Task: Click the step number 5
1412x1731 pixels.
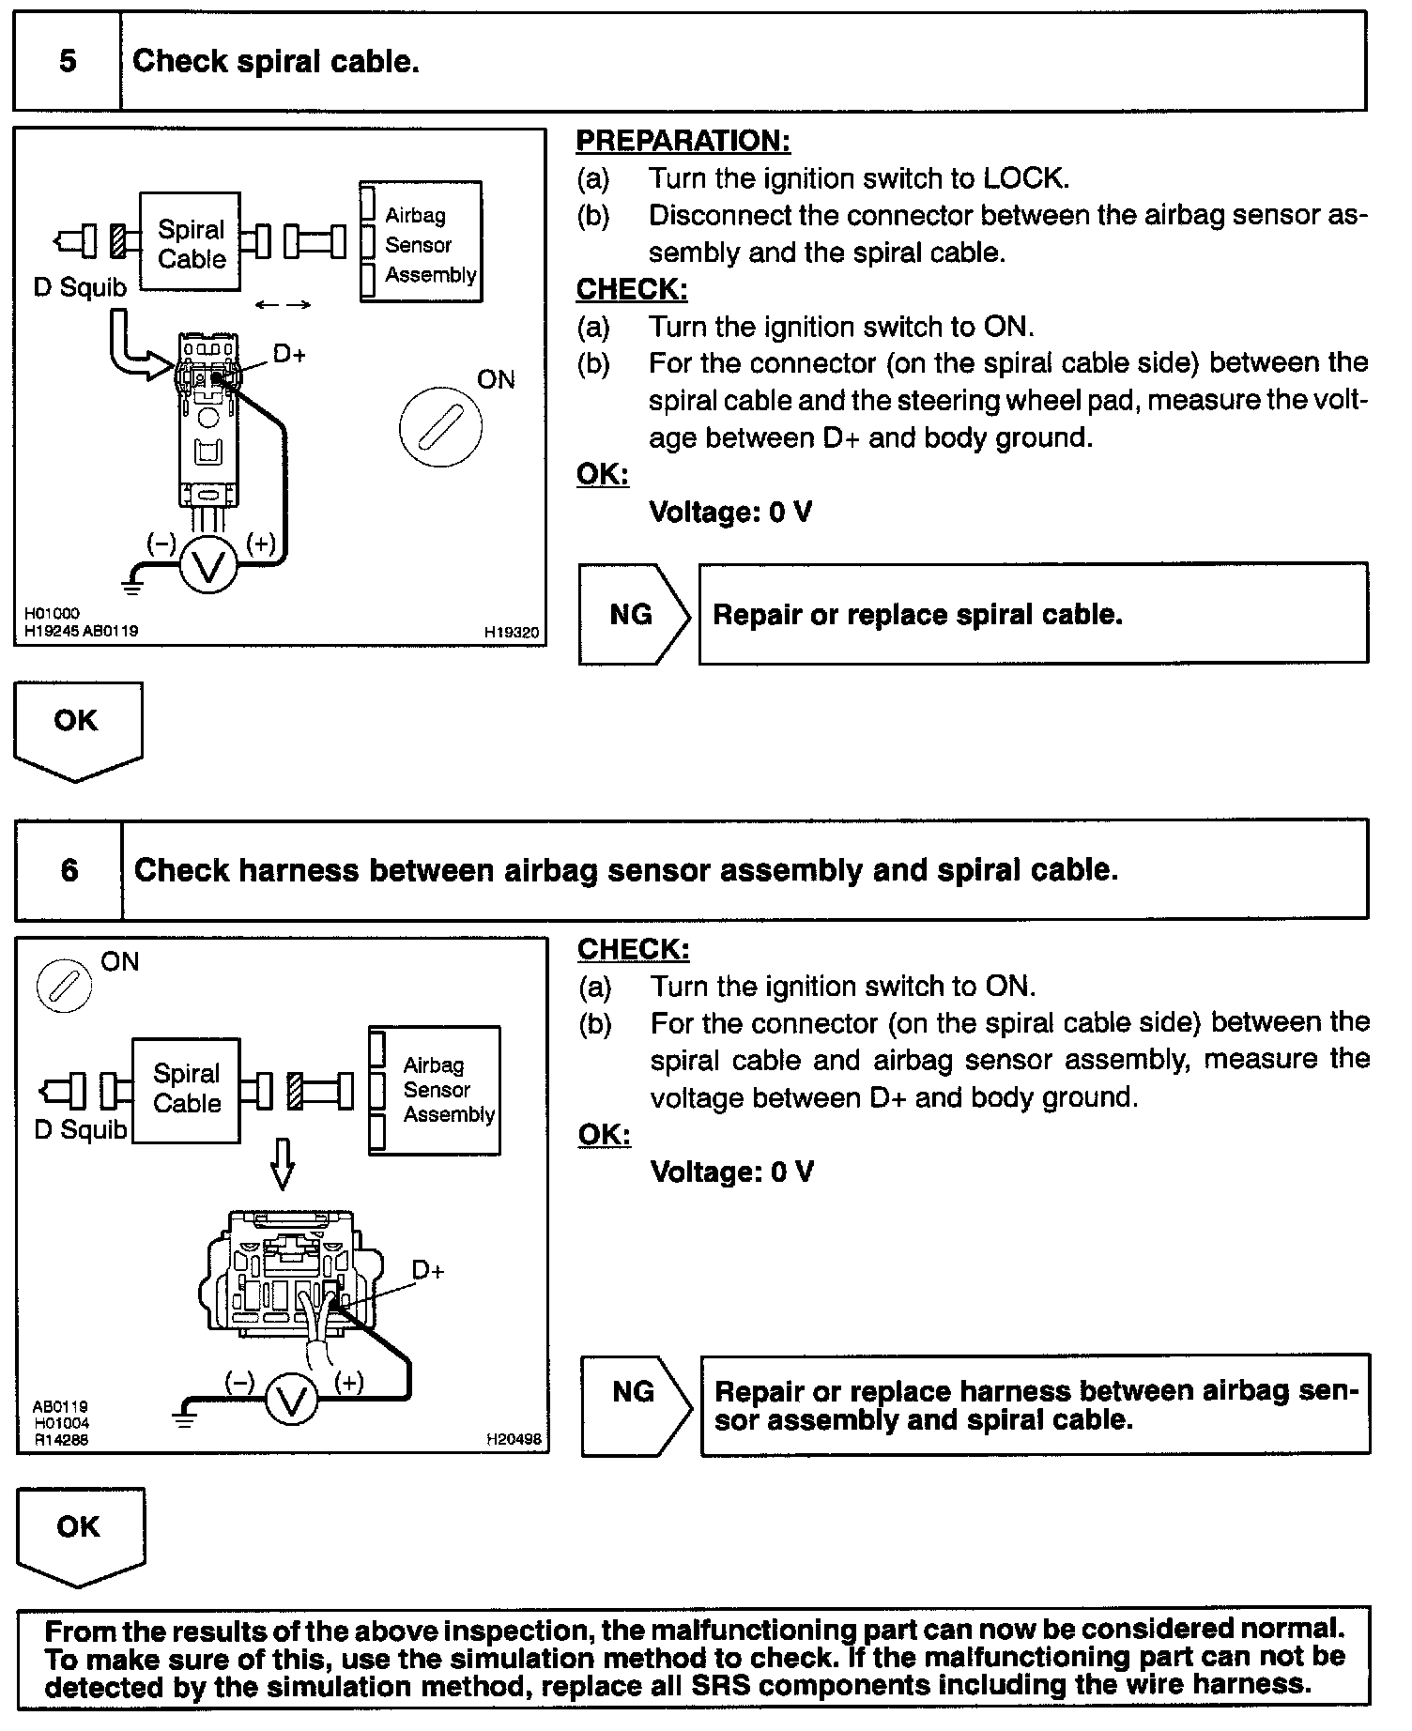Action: tap(68, 62)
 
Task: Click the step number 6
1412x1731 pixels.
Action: tap(69, 870)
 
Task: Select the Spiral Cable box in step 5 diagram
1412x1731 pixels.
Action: tap(191, 243)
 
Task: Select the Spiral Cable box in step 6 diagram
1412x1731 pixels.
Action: tap(186, 1090)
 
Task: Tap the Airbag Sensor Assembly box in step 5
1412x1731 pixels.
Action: tap(421, 243)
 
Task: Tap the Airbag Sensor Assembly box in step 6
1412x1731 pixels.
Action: tap(435, 1090)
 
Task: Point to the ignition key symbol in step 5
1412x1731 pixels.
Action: tap(440, 427)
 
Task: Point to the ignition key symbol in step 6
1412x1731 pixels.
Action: tap(64, 987)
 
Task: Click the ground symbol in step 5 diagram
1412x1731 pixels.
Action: tap(132, 587)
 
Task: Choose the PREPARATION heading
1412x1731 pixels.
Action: tap(683, 141)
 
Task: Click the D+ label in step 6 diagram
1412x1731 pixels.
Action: tap(428, 1271)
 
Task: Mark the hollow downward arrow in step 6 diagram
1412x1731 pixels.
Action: tap(282, 1165)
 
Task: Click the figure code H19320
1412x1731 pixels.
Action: tap(512, 633)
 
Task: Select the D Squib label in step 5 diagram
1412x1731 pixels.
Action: tap(80, 287)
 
